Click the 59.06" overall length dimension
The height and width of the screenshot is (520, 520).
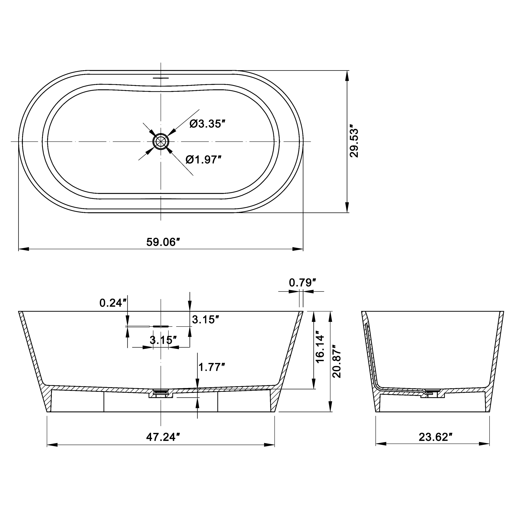[x=163, y=242]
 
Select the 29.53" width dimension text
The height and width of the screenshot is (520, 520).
[x=354, y=141]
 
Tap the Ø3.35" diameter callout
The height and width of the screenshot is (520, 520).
[x=207, y=124]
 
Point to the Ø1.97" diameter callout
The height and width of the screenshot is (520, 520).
[x=204, y=160]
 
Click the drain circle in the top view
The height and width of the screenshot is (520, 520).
[x=161, y=141]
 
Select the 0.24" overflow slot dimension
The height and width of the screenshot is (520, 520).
[x=113, y=303]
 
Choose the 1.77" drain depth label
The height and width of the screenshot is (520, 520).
[x=211, y=367]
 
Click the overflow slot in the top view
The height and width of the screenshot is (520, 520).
[x=161, y=78]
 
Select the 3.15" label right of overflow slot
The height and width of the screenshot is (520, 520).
[x=205, y=320]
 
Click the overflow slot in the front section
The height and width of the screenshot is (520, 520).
[x=161, y=326]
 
